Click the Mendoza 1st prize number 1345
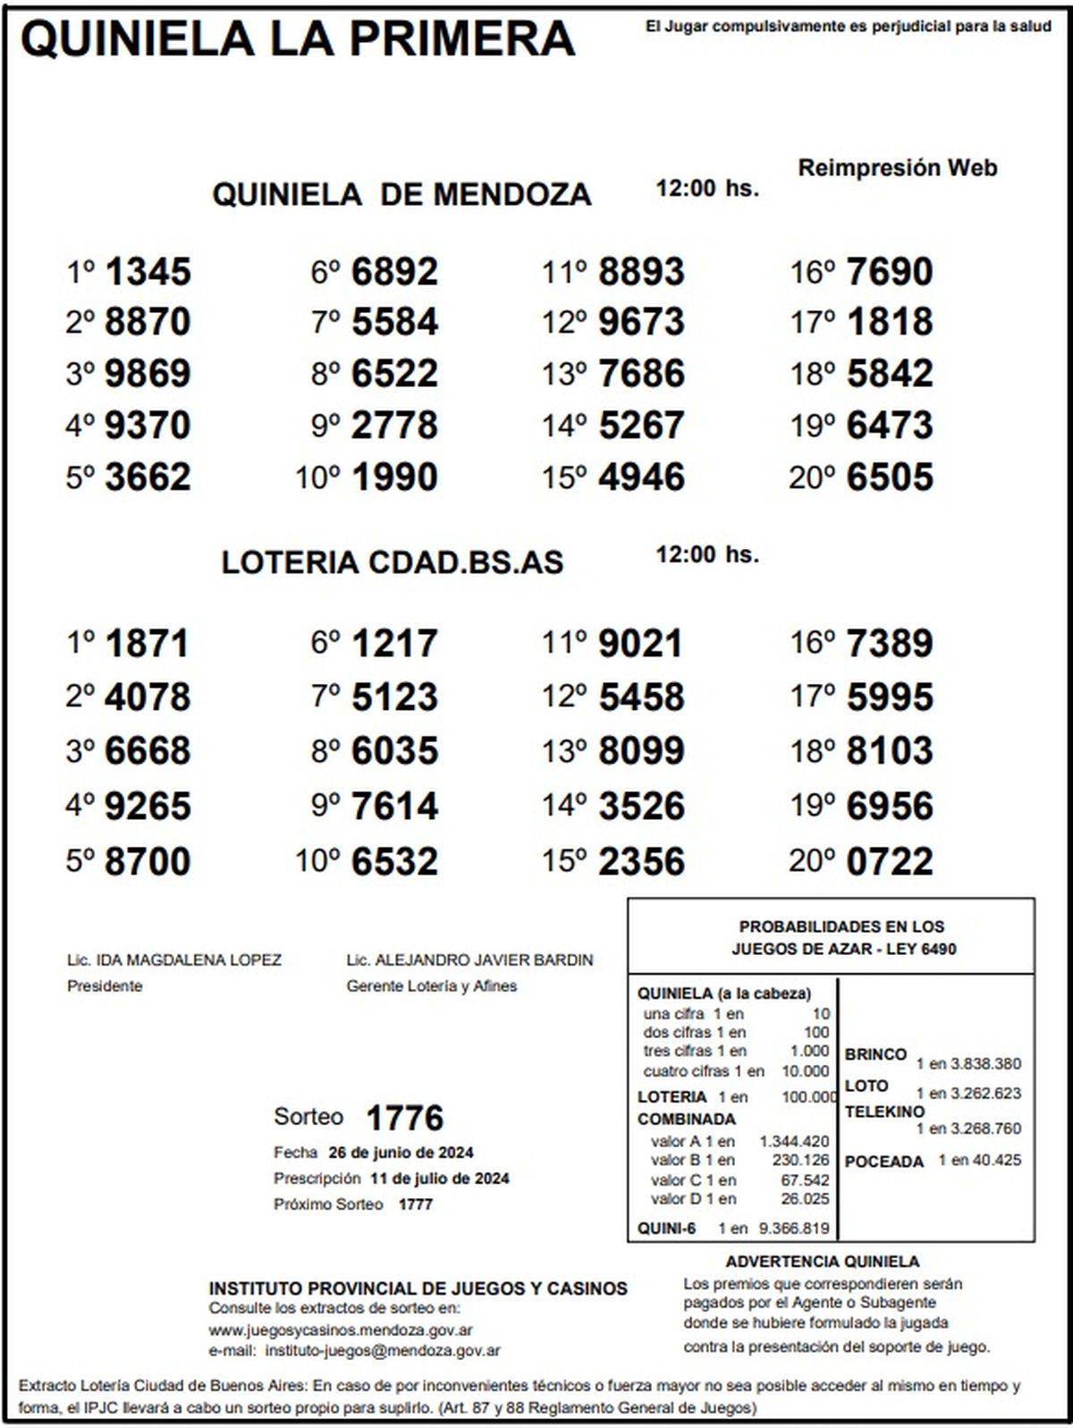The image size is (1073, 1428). (148, 272)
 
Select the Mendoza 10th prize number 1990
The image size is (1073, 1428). (394, 477)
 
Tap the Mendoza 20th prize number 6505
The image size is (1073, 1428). (890, 477)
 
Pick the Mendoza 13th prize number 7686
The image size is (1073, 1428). (641, 374)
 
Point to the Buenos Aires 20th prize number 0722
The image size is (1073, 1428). (890, 862)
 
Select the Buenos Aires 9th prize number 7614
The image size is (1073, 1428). (394, 807)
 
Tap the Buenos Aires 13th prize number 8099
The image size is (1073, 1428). (641, 751)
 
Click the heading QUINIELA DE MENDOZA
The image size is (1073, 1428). (401, 194)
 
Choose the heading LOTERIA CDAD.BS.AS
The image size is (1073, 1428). (393, 562)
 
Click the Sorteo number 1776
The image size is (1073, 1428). (405, 1118)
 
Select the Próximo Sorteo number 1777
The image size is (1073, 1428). (415, 1204)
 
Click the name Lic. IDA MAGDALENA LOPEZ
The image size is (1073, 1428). (174, 960)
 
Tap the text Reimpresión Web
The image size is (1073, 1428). (897, 167)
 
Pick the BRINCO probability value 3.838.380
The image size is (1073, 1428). (985, 1064)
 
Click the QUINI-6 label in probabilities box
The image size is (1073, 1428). (666, 1229)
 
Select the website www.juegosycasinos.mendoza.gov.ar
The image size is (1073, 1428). (341, 1330)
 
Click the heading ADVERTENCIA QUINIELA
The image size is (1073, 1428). (823, 1262)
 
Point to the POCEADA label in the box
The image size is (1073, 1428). (883, 1162)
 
